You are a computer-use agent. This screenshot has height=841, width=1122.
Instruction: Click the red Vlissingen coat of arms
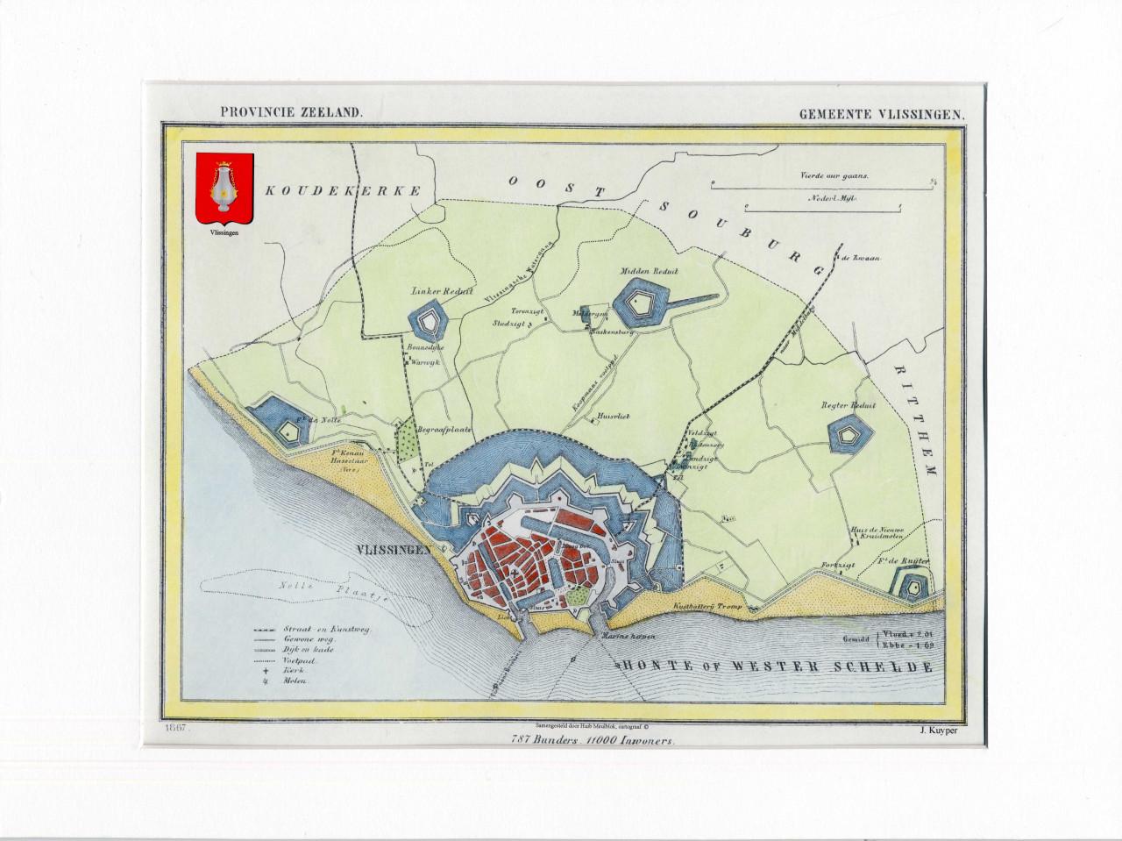(x=224, y=187)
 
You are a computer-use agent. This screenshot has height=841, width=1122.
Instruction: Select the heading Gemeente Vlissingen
(x=881, y=114)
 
